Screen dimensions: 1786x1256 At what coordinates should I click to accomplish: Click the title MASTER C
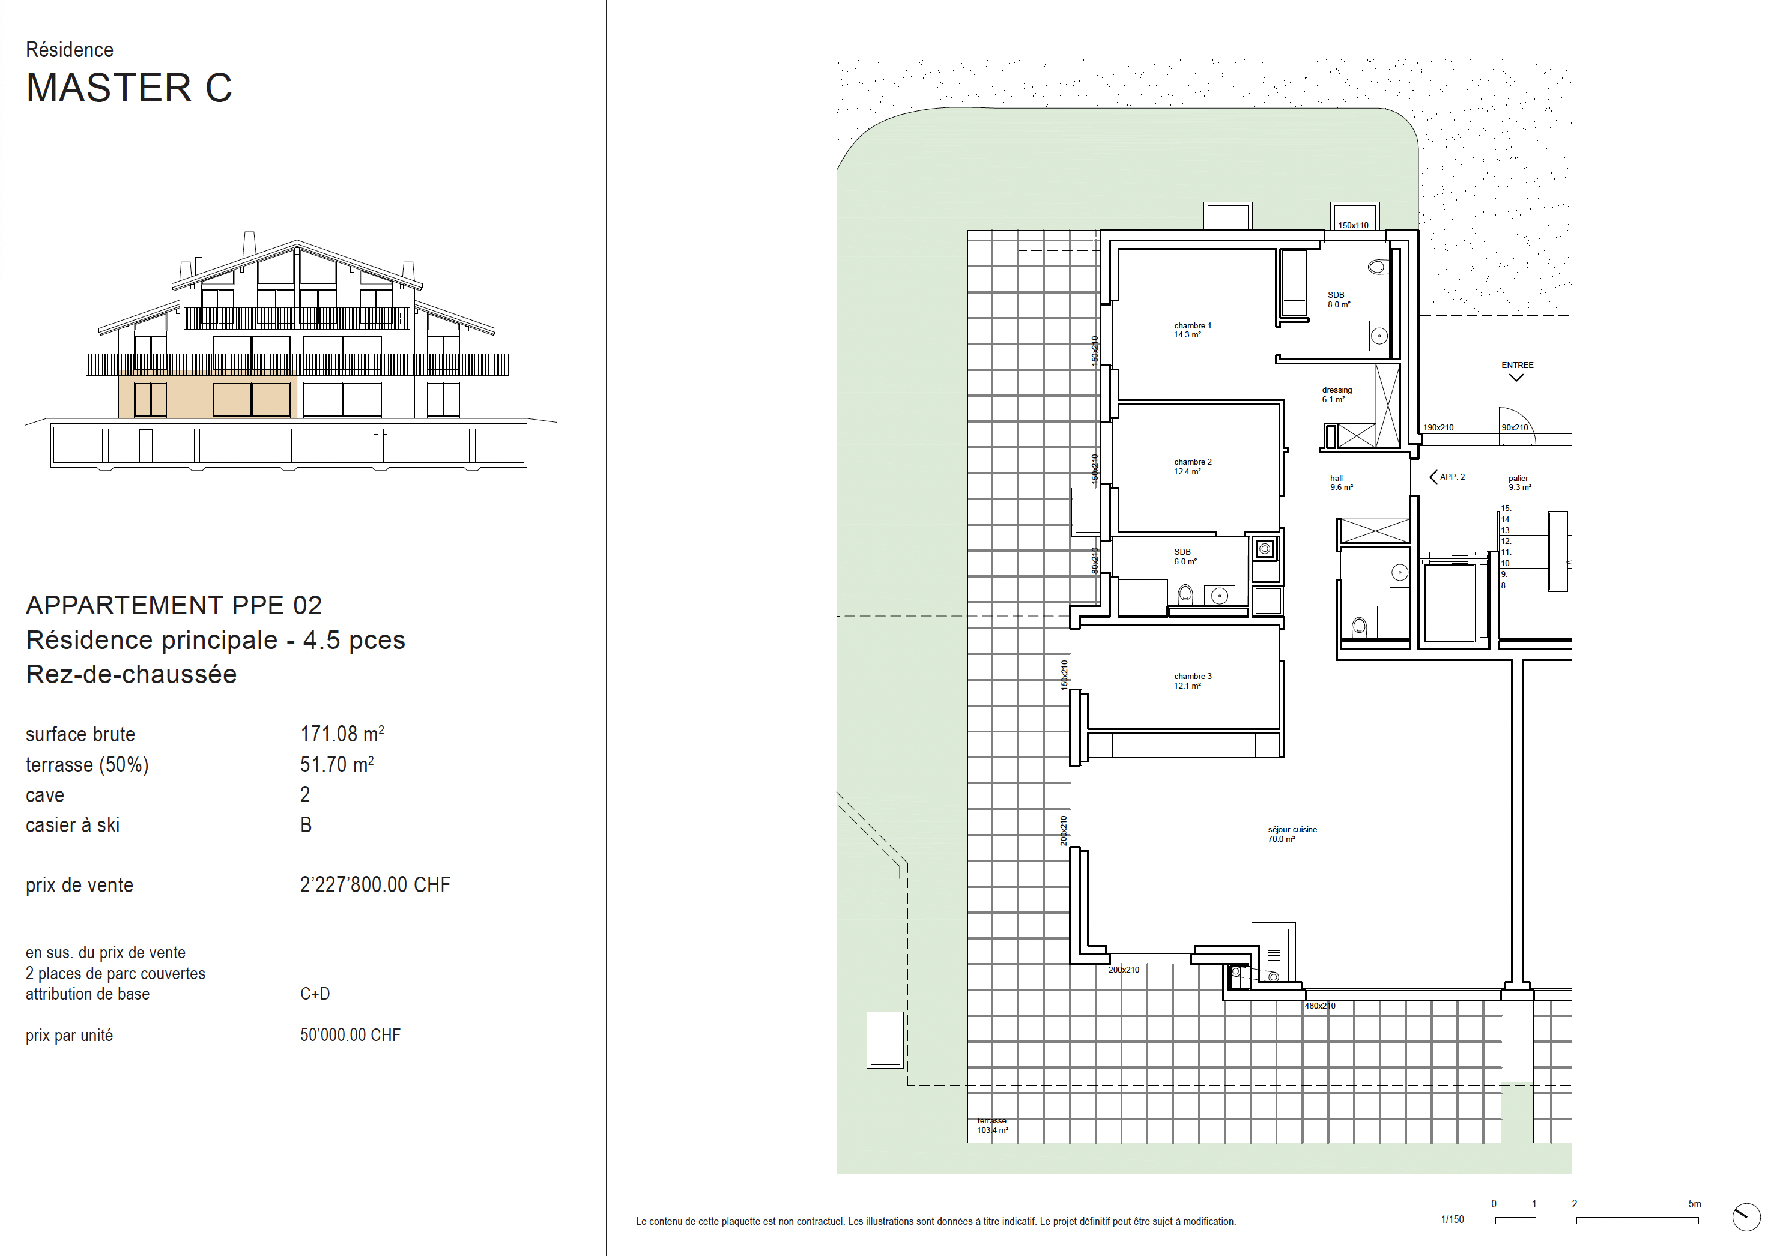click(x=129, y=88)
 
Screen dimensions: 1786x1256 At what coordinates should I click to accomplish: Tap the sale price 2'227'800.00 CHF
click(x=375, y=885)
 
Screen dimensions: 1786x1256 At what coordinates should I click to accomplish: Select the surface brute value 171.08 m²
click(x=342, y=734)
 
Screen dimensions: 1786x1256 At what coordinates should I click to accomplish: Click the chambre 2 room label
click(x=1193, y=466)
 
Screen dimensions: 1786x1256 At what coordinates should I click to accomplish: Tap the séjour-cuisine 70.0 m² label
click(x=1292, y=835)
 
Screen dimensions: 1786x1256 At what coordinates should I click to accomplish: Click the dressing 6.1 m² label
click(x=1336, y=395)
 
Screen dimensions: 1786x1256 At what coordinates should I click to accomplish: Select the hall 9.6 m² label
click(x=1341, y=483)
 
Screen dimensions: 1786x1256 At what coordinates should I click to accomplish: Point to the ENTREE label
click(x=1517, y=365)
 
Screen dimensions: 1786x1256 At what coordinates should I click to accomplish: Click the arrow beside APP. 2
click(x=1433, y=477)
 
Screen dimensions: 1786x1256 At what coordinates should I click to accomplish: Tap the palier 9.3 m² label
click(x=1519, y=483)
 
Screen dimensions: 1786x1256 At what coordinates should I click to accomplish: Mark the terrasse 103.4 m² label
click(x=993, y=1125)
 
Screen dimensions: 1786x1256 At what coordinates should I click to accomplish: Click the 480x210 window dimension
click(x=1319, y=1006)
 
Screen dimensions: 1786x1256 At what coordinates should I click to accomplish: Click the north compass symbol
click(x=1746, y=1217)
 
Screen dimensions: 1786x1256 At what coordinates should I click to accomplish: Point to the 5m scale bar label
click(x=1694, y=1204)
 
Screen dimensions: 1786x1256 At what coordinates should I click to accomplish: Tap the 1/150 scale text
click(x=1452, y=1219)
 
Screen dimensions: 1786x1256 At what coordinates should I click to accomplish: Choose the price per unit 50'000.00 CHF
click(x=350, y=1035)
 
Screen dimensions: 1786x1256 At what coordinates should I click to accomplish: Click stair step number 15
click(x=1505, y=509)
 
